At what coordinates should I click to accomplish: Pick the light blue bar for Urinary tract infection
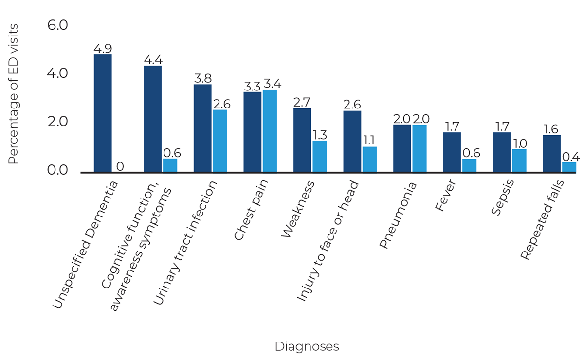pyautogui.click(x=219, y=141)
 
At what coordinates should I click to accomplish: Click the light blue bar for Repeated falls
pyautogui.click(x=569, y=167)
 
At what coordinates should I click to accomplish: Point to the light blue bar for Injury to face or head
pyautogui.click(x=369, y=159)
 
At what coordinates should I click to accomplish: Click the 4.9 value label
pyautogui.click(x=103, y=48)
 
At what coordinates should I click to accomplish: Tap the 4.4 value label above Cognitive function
pyautogui.click(x=153, y=60)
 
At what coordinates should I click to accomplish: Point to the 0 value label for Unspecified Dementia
pyautogui.click(x=120, y=166)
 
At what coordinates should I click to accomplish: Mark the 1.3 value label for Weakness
pyautogui.click(x=319, y=134)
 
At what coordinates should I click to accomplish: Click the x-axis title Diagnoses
pyautogui.click(x=307, y=347)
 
